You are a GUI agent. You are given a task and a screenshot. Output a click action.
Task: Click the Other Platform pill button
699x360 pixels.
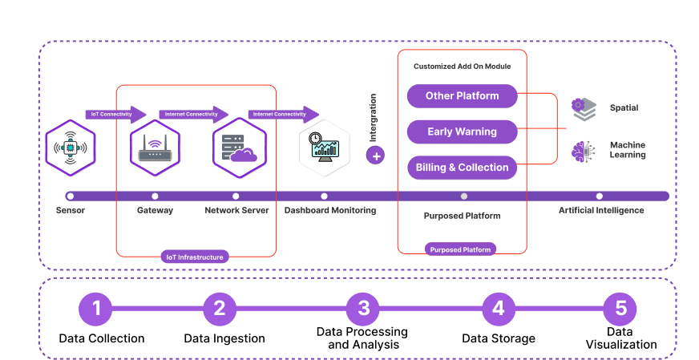tap(462, 96)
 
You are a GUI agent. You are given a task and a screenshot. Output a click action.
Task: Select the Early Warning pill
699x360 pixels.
tap(462, 131)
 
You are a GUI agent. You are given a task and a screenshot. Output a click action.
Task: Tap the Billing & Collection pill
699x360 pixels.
tap(462, 168)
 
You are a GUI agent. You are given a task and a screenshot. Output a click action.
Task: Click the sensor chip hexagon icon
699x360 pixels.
tap(71, 148)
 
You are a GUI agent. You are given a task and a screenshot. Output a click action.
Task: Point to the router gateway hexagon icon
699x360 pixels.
tap(155, 148)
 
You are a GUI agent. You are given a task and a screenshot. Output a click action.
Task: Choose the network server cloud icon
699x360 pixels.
tap(239, 148)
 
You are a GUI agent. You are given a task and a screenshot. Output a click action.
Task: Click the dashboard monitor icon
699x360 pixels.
tap(324, 148)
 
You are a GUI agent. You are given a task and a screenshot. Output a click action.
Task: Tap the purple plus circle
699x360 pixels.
tap(375, 155)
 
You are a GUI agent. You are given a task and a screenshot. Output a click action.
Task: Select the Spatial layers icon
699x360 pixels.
tap(584, 109)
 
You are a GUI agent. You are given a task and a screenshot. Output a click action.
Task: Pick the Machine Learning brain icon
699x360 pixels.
tap(584, 152)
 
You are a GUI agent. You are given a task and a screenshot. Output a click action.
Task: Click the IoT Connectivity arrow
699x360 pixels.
tap(115, 114)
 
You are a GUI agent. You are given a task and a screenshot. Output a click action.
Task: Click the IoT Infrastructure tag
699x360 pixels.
tap(195, 257)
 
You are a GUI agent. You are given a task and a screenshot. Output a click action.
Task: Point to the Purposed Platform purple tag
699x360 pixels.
tap(461, 249)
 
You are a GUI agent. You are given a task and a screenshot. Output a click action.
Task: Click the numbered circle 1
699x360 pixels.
tap(96, 309)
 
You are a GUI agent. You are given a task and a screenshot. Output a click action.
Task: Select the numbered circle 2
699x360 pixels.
tap(220, 309)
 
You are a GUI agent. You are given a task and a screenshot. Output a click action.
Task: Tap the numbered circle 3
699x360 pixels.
tap(363, 309)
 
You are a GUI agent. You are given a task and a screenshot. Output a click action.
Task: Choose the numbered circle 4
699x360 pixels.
tap(499, 309)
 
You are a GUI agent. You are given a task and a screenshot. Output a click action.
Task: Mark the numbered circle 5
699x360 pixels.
tap(620, 309)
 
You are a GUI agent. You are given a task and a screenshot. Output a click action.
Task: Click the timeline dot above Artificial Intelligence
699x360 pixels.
tap(599, 196)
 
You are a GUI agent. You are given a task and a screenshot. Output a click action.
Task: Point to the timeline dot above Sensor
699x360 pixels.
tap(71, 196)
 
